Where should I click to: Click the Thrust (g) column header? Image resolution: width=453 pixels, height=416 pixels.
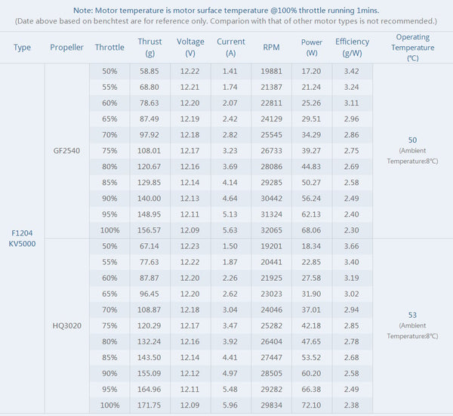(150, 47)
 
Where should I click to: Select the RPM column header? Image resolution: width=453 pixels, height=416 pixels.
(271, 47)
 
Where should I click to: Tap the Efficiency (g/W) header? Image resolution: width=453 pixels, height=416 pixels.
(352, 47)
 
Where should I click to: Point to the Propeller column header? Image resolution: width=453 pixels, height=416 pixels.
(66, 47)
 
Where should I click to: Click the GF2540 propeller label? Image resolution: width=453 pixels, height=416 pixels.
(66, 150)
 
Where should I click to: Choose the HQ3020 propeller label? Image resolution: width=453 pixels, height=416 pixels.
(66, 325)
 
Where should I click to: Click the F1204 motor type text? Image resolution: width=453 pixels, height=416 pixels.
(23, 232)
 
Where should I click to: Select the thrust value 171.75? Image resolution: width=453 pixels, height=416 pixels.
(150, 405)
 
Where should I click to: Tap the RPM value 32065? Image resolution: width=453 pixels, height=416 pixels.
(271, 230)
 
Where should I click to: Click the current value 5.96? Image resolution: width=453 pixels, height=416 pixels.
(230, 405)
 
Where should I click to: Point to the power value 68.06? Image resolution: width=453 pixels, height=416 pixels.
(311, 230)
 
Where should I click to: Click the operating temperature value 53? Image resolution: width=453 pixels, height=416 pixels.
(412, 314)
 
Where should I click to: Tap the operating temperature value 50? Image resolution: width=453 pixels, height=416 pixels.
(412, 140)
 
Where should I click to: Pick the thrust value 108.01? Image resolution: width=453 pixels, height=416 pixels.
(150, 150)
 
